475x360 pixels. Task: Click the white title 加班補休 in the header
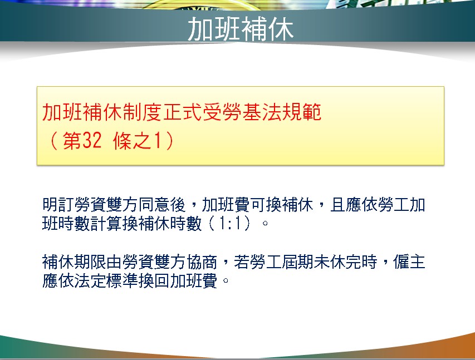[241, 29]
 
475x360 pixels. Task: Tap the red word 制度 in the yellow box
[142, 112]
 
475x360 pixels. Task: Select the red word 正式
[182, 112]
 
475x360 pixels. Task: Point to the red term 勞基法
[252, 112]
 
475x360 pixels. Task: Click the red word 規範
[302, 112]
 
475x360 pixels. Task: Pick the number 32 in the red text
[92, 141]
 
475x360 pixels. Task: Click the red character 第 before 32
[72, 141]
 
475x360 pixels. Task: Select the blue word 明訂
[58, 205]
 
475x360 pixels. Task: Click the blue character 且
[338, 205]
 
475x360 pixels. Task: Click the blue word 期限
[90, 262]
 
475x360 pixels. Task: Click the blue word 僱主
[409, 262]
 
